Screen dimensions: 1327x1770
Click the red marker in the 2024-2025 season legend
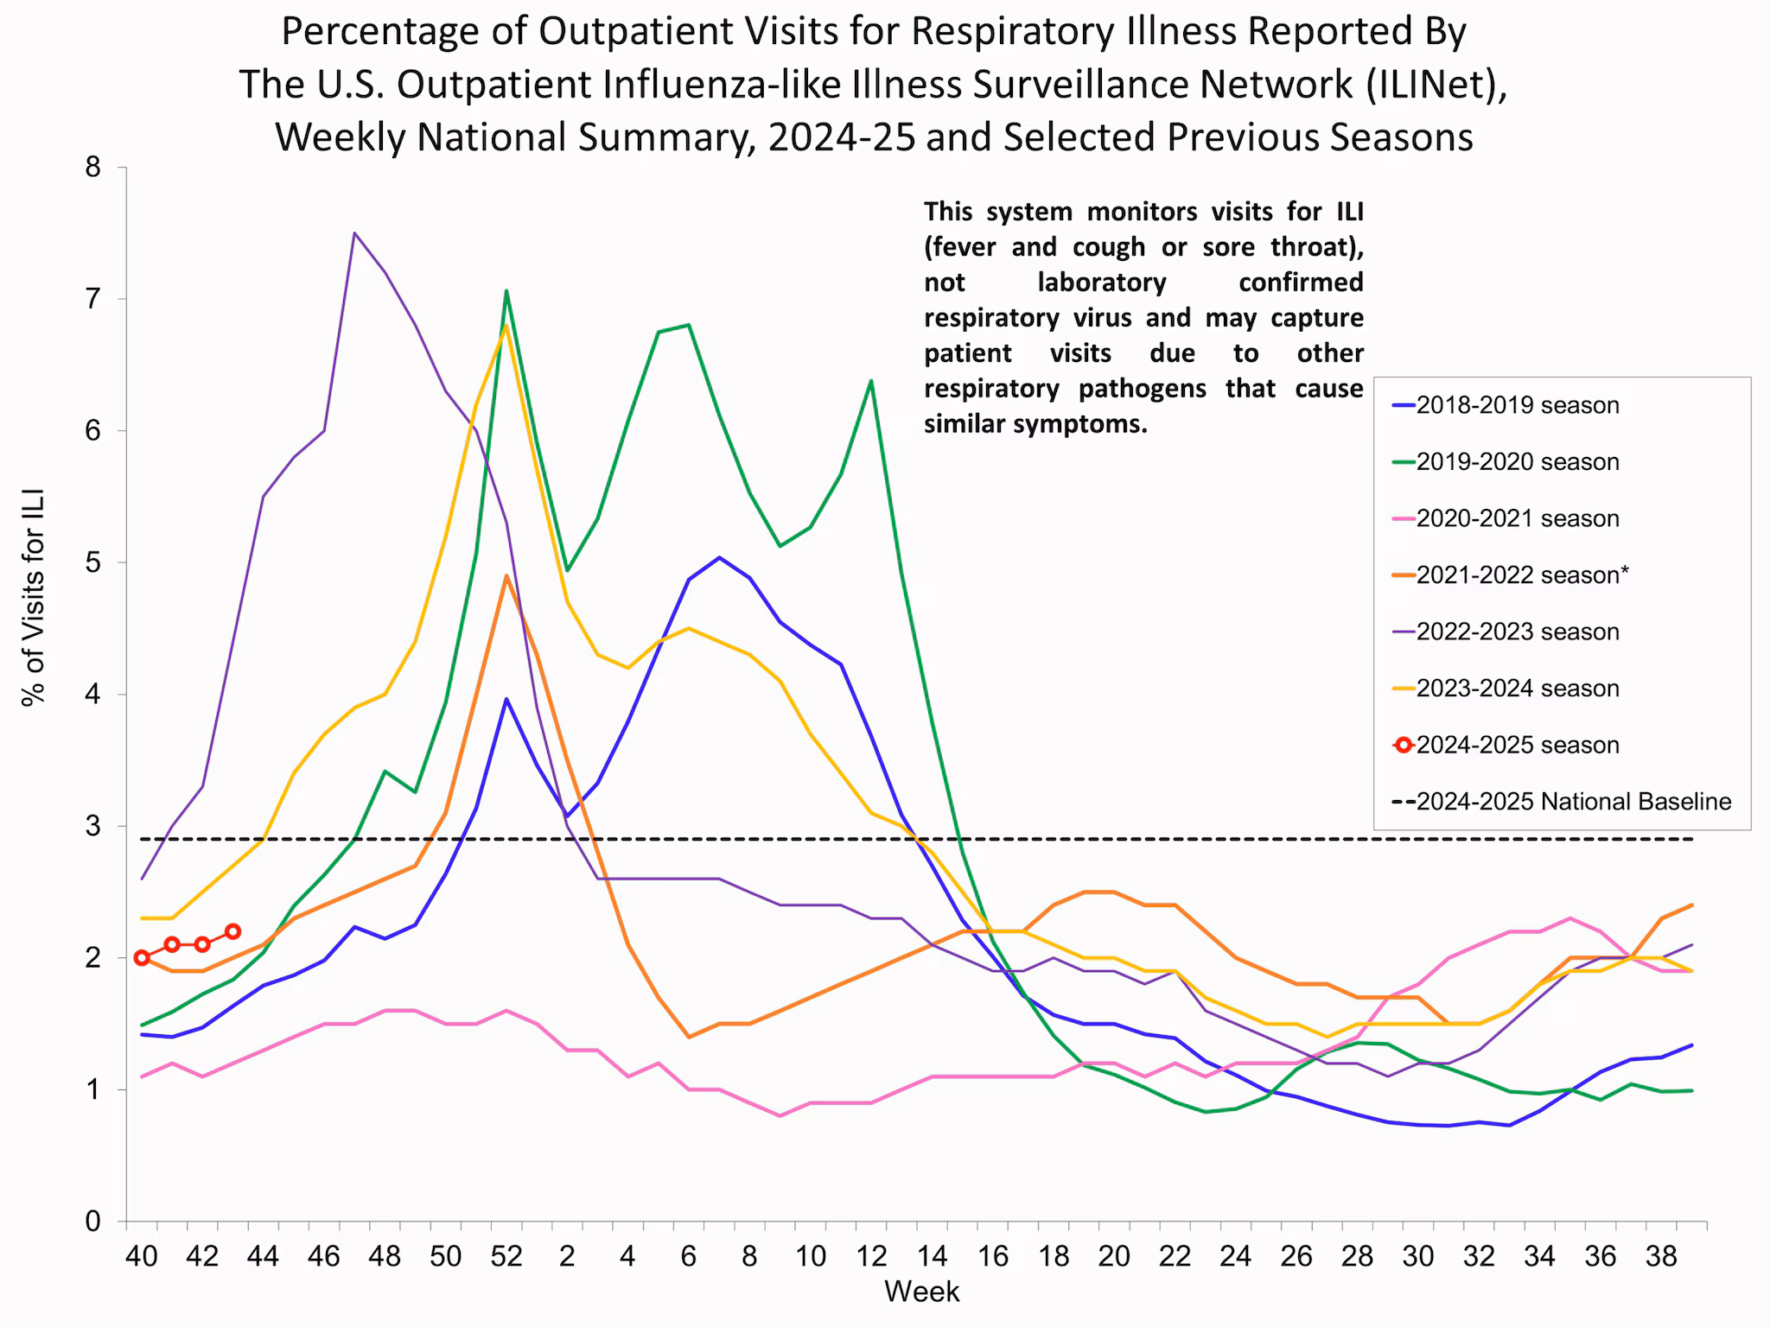1404,745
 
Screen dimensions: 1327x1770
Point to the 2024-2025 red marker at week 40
142,957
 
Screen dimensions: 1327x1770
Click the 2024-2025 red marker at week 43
232,931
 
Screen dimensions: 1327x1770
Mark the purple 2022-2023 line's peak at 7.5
354,232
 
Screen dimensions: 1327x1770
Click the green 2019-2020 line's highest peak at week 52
506,291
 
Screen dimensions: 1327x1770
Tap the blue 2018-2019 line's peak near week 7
719,557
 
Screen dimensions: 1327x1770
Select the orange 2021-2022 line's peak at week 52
506,575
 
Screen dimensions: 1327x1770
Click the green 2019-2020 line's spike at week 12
870,380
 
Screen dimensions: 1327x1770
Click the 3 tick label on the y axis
92,827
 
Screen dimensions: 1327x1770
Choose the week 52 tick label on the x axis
506,1255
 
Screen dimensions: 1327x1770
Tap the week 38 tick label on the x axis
1661,1255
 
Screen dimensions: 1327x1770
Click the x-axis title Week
921,1292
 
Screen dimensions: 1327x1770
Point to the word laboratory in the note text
1101,283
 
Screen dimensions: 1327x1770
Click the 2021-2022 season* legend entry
1521,575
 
